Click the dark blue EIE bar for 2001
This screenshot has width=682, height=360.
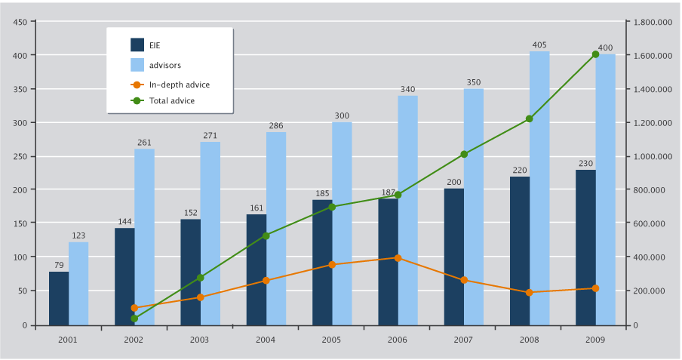(x=59, y=298)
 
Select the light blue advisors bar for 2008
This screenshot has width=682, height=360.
(x=539, y=189)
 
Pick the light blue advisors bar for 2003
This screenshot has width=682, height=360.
(x=210, y=233)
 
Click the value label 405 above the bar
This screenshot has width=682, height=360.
(x=539, y=45)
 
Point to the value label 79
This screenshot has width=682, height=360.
(x=59, y=265)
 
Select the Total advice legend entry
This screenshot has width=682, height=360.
(x=172, y=100)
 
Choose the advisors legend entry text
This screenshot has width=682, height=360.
(x=165, y=65)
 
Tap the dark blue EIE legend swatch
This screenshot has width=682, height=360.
(x=137, y=45)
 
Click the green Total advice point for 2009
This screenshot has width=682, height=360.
(x=595, y=54)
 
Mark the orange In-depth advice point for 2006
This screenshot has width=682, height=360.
(x=398, y=258)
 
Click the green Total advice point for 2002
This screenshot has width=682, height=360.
(x=134, y=318)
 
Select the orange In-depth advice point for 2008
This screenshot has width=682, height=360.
(x=529, y=292)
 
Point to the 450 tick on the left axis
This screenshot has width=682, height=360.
(x=21, y=22)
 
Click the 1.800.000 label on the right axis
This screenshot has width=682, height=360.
(x=651, y=22)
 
